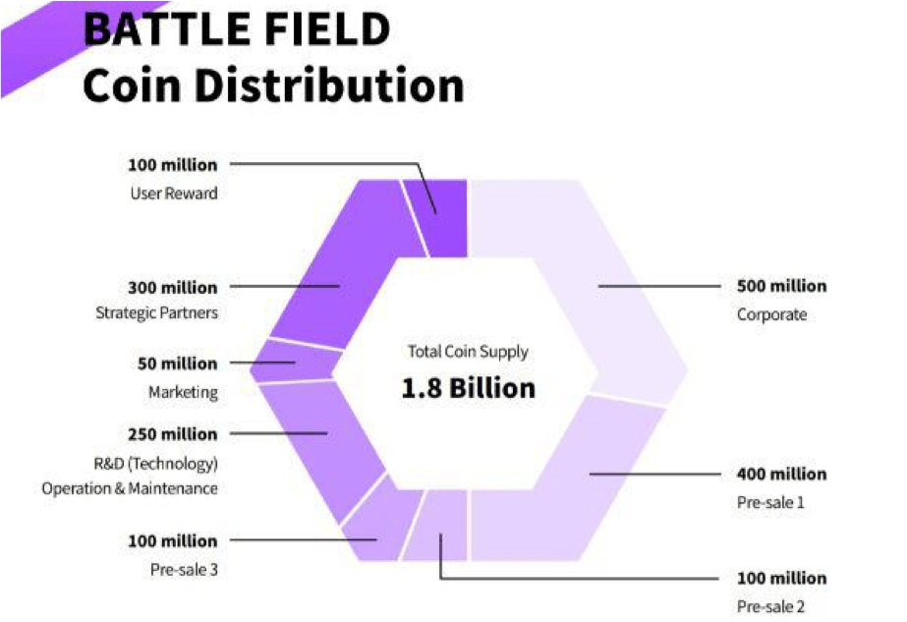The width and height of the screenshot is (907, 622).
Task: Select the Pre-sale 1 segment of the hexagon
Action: (590, 472)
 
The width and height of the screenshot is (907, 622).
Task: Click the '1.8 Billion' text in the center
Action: (469, 388)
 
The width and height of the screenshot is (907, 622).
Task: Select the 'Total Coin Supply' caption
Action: (468, 351)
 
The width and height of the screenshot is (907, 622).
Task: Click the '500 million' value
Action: (781, 286)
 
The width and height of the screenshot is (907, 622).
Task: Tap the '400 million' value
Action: (781, 474)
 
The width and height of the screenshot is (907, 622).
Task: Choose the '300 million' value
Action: (173, 287)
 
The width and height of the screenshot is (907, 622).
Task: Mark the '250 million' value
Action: (173, 433)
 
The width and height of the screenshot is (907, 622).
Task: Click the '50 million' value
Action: (178, 364)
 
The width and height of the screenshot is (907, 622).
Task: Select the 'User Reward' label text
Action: (174, 194)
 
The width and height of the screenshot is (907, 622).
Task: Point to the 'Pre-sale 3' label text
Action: (184, 568)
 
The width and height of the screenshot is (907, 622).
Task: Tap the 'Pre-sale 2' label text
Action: (771, 606)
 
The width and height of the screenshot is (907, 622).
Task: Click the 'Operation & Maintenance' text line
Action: (130, 488)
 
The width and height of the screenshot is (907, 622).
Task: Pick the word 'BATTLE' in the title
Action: (147, 29)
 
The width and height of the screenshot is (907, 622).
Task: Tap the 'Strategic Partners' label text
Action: (156, 313)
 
